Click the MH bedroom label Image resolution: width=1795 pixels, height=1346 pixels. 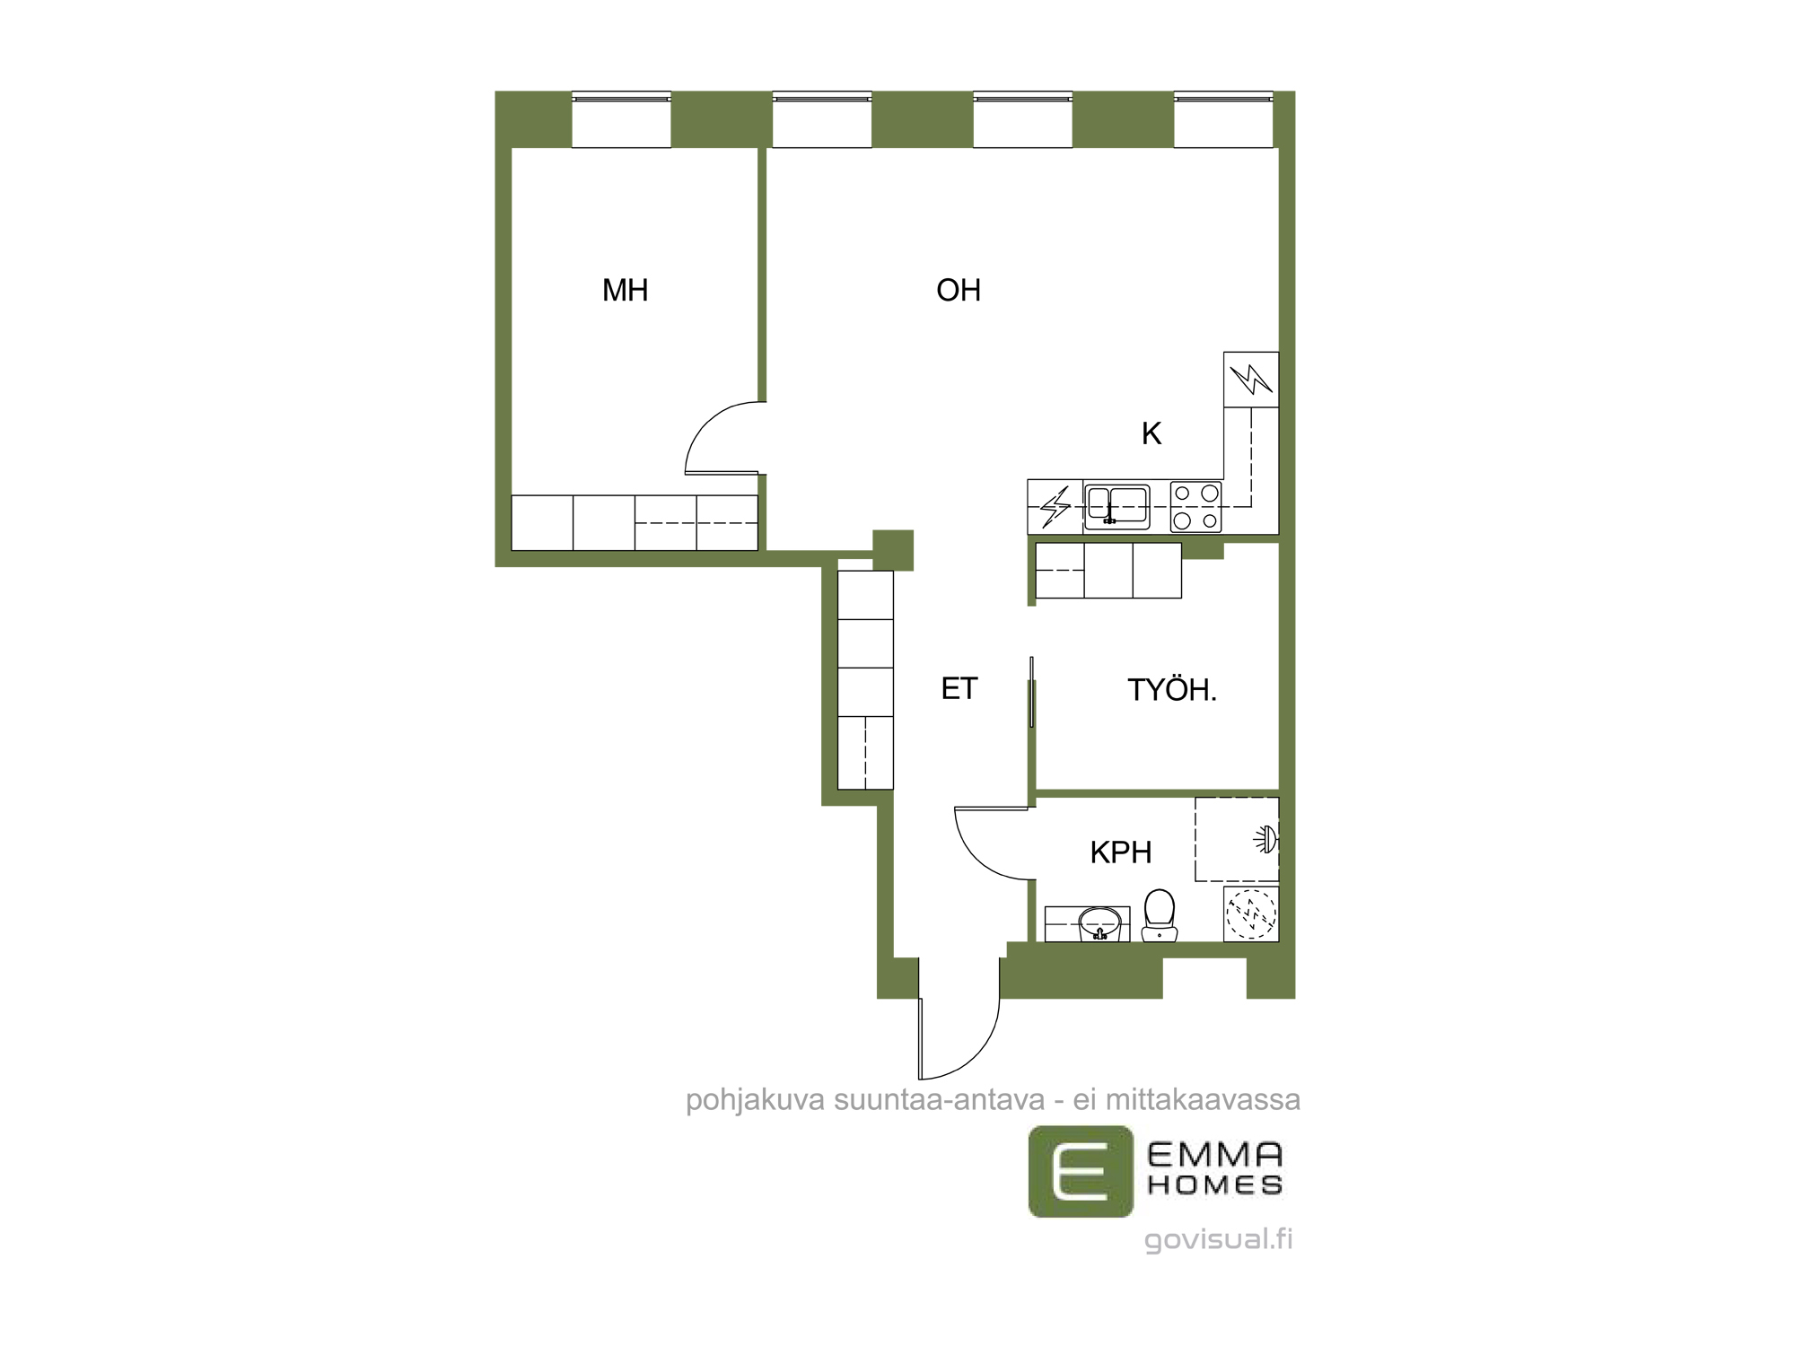coord(625,290)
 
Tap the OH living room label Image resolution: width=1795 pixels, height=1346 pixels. coord(959,290)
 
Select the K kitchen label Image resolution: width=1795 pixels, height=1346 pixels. coord(1151,433)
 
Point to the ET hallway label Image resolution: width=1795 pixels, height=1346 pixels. coord(959,688)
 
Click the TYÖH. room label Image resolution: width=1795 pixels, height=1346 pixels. coord(1172,689)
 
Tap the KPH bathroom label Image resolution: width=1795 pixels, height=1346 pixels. coord(1121,852)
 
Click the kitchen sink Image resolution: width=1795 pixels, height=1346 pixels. coord(1116,506)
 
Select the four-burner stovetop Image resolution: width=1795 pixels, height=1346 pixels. coord(1196,506)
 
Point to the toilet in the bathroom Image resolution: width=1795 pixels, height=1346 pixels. coord(1160,915)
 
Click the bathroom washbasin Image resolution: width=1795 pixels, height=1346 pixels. coord(1099,923)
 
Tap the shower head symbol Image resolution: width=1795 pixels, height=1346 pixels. coord(1265,840)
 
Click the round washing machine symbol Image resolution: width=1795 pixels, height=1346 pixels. coord(1251,913)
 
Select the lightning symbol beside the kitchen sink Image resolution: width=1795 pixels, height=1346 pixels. coord(1055,506)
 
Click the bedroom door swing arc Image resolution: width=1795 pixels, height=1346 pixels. coord(705,426)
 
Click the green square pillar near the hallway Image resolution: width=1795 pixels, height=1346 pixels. coord(893,550)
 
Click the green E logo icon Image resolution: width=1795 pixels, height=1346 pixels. coord(1081,1171)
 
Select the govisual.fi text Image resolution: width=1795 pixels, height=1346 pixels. coord(1218,1239)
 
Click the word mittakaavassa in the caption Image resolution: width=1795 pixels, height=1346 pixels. coord(1203,1099)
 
